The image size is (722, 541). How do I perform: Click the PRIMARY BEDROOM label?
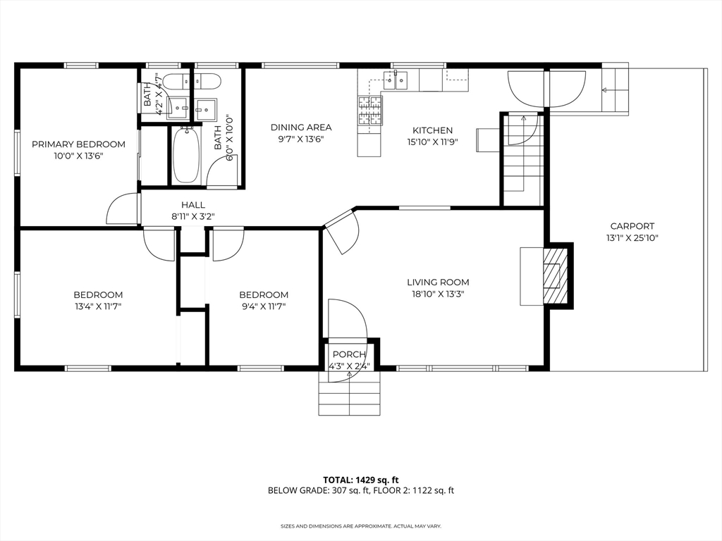click(x=78, y=144)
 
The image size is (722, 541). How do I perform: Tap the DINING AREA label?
click(x=301, y=128)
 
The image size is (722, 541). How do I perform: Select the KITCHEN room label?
click(x=432, y=130)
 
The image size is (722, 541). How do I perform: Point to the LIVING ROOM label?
click(x=438, y=282)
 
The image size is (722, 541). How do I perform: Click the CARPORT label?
click(x=632, y=226)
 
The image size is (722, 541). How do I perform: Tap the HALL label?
click(x=193, y=205)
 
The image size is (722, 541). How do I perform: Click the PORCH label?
click(x=349, y=354)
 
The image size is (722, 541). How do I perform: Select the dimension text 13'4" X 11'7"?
click(x=98, y=306)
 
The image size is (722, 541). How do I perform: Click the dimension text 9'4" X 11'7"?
click(x=264, y=306)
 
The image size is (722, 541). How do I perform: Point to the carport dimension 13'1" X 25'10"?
click(x=632, y=238)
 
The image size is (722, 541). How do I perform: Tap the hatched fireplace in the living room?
click(x=555, y=276)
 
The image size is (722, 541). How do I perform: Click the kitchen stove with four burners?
click(x=370, y=111)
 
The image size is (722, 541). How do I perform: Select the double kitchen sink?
click(x=396, y=80)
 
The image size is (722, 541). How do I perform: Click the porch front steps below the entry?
click(x=350, y=392)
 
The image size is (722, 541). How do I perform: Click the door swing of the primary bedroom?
click(x=123, y=209)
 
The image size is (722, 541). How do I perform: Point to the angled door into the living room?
click(x=342, y=231)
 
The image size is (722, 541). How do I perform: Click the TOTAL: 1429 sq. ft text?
click(x=360, y=480)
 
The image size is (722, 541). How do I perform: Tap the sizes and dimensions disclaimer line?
click(x=361, y=526)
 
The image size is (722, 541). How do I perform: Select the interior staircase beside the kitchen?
click(x=522, y=160)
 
